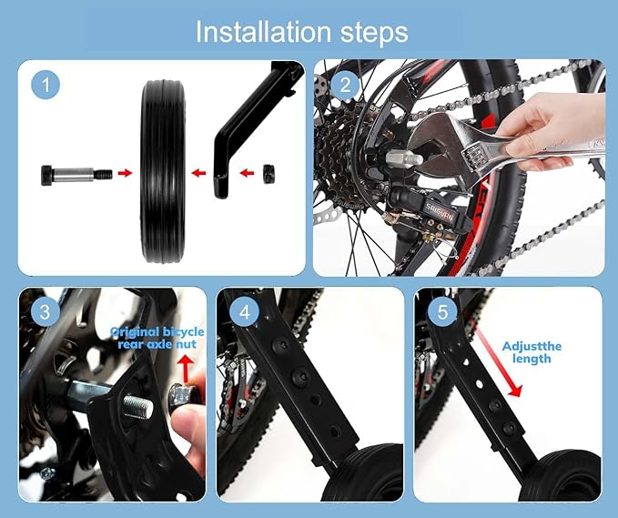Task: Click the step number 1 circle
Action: (x=46, y=86)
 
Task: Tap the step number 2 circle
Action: (x=345, y=86)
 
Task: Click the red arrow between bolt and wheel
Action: (x=125, y=171)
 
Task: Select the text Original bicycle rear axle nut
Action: (x=157, y=338)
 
